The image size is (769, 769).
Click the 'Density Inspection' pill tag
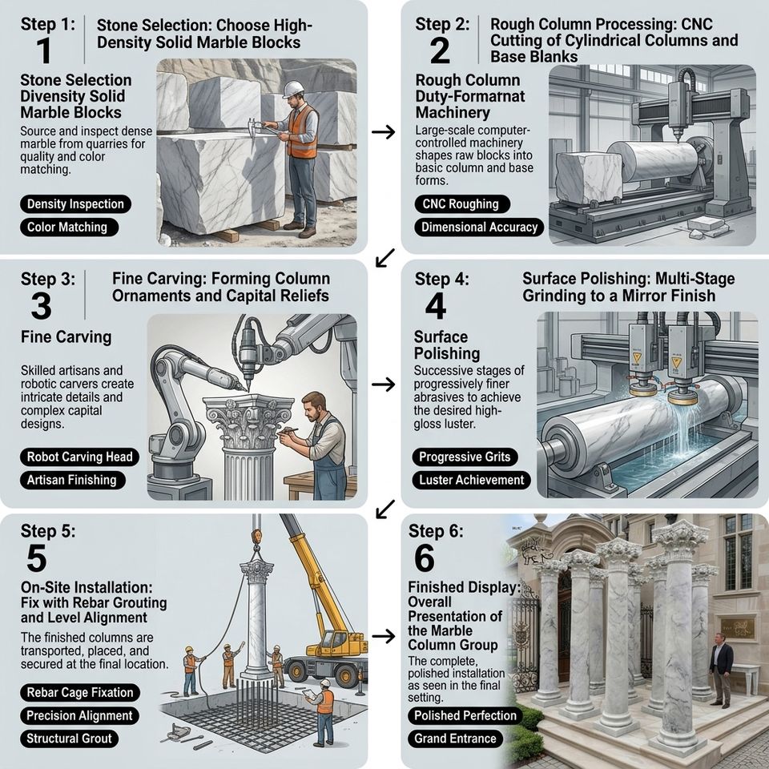pyautogui.click(x=75, y=204)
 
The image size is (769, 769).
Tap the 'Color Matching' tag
pyautogui.click(x=69, y=227)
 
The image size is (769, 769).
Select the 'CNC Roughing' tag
pyautogui.click(x=462, y=204)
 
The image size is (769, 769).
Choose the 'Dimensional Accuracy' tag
pyautogui.click(x=479, y=227)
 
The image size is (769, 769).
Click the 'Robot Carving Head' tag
pyautogui.click(x=79, y=457)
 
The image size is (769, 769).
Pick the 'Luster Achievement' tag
pyautogui.click(x=471, y=480)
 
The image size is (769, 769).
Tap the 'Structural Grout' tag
pyautogui.click(x=69, y=739)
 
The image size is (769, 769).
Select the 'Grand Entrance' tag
pyautogui.click(x=455, y=739)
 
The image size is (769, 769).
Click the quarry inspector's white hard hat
pyautogui.click(x=294, y=88)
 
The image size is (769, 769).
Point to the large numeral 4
pyautogui.click(x=436, y=306)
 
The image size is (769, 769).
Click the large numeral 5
pyautogui.click(x=37, y=558)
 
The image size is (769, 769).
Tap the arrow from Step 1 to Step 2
pyautogui.click(x=384, y=131)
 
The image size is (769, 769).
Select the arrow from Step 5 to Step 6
pyautogui.click(x=384, y=637)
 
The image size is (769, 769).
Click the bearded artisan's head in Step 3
pyautogui.click(x=314, y=407)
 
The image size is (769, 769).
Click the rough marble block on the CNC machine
pyautogui.click(x=589, y=177)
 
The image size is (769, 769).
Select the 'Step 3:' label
pyautogui.click(x=48, y=279)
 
